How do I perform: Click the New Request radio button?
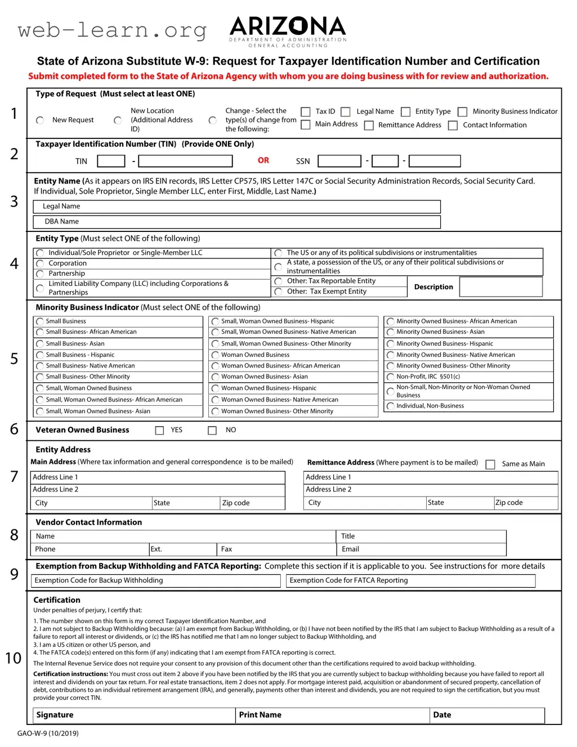pyautogui.click(x=40, y=120)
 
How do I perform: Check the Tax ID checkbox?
pyautogui.click(x=306, y=112)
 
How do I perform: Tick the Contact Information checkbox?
pyautogui.click(x=453, y=126)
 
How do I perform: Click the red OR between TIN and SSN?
pyautogui.click(x=263, y=160)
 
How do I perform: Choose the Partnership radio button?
pyautogui.click(x=40, y=274)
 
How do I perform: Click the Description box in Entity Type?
pyautogui.click(x=501, y=287)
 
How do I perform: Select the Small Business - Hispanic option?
pyautogui.click(x=40, y=355)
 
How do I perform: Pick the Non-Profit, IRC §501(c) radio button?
pyautogui.click(x=391, y=377)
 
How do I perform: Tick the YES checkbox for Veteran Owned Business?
pyautogui.click(x=160, y=431)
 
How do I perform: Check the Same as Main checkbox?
pyautogui.click(x=490, y=464)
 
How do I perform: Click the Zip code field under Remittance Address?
pyautogui.click(x=526, y=503)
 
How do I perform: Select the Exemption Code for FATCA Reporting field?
pyautogui.click(x=411, y=580)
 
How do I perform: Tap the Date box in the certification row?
pyautogui.click(x=487, y=715)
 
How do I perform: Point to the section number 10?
pyautogui.click(x=13, y=658)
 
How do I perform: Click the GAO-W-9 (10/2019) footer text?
pyautogui.click(x=48, y=733)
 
